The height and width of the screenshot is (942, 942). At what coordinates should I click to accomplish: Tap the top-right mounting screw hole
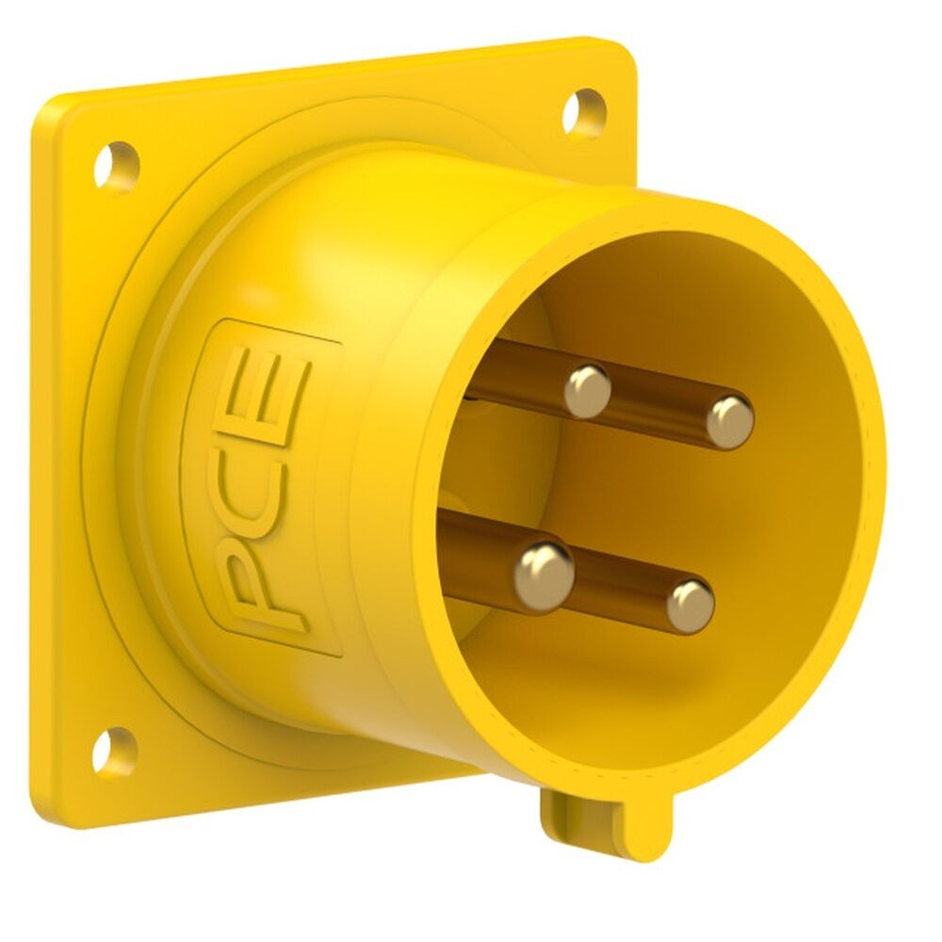[584, 112]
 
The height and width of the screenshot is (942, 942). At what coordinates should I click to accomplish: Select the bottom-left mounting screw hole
[115, 752]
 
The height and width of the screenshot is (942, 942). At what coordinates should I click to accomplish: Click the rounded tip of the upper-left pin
[588, 390]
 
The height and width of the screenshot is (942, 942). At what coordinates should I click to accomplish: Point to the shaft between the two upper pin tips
[659, 407]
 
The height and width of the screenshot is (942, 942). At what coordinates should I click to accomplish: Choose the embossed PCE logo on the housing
[264, 490]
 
